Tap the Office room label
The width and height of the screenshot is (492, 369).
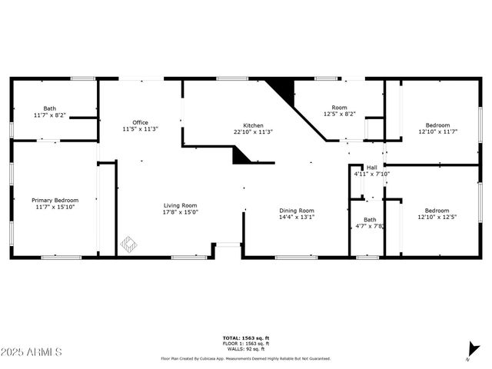click(x=140, y=122)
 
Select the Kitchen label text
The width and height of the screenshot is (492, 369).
click(x=254, y=125)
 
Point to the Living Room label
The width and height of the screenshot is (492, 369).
click(x=181, y=205)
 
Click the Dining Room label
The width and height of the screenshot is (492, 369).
click(x=296, y=211)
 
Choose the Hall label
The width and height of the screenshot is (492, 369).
click(x=372, y=167)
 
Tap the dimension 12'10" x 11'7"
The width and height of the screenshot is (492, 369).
click(x=437, y=131)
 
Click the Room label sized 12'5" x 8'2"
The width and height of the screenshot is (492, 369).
click(x=339, y=108)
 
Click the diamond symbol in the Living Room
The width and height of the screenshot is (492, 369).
click(x=128, y=245)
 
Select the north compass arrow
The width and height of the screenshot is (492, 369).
click(x=468, y=356)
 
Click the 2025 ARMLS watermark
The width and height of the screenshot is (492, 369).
click(x=32, y=352)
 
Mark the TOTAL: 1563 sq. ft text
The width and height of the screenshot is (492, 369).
click(x=246, y=338)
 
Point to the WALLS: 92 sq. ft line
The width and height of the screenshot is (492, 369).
click(x=246, y=348)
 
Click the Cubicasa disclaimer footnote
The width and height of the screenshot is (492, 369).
click(x=246, y=358)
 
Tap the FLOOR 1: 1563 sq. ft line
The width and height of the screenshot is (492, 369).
click(x=246, y=344)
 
